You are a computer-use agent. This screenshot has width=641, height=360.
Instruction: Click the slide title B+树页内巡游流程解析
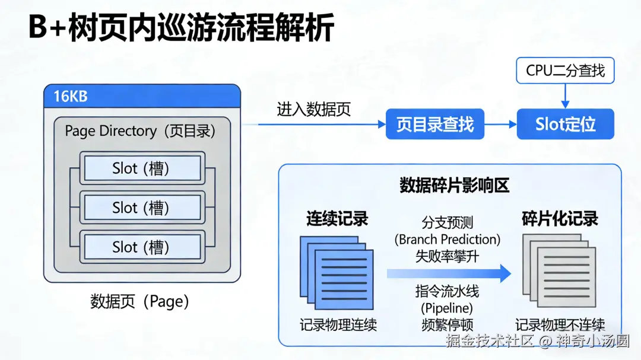click(x=181, y=28)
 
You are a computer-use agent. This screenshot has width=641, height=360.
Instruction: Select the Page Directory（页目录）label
click(x=140, y=131)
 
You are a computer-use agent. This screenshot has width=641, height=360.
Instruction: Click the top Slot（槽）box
click(x=141, y=168)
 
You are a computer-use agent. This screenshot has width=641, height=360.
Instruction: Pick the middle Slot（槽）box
click(x=141, y=208)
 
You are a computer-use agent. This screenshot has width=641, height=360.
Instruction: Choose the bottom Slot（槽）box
click(x=141, y=247)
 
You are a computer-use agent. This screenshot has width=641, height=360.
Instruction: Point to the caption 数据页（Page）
click(x=140, y=301)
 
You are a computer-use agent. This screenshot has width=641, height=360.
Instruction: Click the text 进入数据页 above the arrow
click(x=313, y=109)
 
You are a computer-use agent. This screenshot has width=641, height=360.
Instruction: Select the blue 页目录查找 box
click(x=435, y=125)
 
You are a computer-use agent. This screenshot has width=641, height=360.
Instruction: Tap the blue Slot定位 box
click(x=565, y=125)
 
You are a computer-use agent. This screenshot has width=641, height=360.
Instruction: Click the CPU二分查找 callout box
click(x=565, y=71)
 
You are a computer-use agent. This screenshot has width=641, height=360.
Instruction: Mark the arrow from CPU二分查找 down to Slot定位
click(x=565, y=96)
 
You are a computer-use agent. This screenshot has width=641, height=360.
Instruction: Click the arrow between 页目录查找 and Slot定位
click(x=500, y=125)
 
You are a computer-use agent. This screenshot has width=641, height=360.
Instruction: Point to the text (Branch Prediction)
click(x=448, y=240)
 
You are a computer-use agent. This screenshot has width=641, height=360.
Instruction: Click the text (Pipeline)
click(x=447, y=308)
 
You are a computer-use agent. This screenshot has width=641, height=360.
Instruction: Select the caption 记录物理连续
click(x=338, y=324)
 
